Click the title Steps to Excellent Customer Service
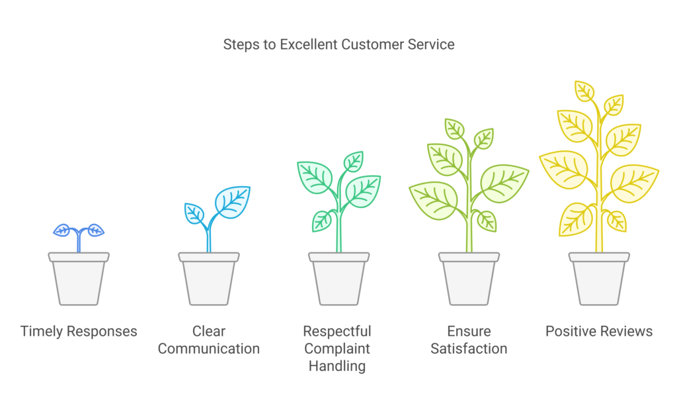(x=338, y=44)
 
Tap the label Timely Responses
(x=79, y=332)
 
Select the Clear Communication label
(x=208, y=340)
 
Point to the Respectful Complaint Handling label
(x=337, y=348)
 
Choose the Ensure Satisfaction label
(x=469, y=340)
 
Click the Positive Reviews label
(x=599, y=331)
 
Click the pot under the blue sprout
(x=79, y=279)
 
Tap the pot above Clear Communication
(x=209, y=279)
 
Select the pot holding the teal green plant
(x=339, y=279)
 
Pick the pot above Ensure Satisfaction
(x=469, y=279)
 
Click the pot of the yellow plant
(x=599, y=279)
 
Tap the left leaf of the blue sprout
(x=61, y=230)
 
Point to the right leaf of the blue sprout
(x=95, y=230)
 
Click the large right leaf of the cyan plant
(x=233, y=201)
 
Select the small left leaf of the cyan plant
(x=194, y=213)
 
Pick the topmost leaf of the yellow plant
(x=584, y=91)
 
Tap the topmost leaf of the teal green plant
(x=354, y=162)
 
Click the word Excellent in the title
(x=309, y=44)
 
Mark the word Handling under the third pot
(x=337, y=366)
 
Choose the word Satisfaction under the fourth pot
(x=469, y=348)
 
